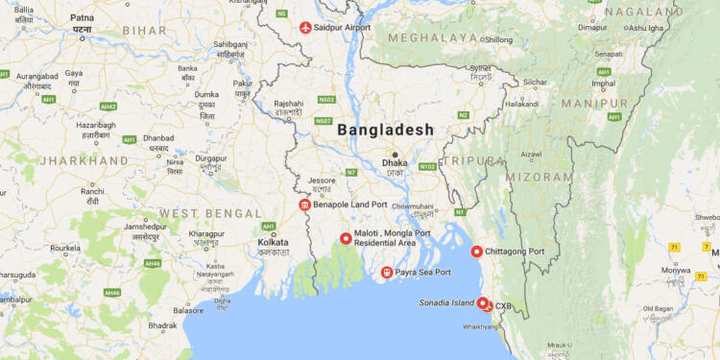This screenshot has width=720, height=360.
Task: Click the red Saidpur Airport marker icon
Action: pyautogui.click(x=306, y=28)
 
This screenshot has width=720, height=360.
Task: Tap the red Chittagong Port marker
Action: pyautogui.click(x=477, y=252)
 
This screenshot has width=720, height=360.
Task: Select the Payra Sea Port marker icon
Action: pyautogui.click(x=387, y=273)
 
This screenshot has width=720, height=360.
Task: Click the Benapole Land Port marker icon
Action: pyautogui.click(x=305, y=205)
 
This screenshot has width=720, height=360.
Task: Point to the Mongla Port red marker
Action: pyautogui.click(x=346, y=238)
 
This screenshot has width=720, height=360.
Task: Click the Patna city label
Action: pyautogui.click(x=83, y=17)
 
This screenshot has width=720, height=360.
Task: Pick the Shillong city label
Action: pyautogui.click(x=498, y=39)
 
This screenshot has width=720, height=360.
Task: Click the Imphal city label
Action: pyautogui.click(x=604, y=83)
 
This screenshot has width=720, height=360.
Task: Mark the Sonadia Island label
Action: pyautogui.click(x=446, y=302)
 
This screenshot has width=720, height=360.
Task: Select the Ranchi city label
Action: pyautogui.click(x=92, y=191)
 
